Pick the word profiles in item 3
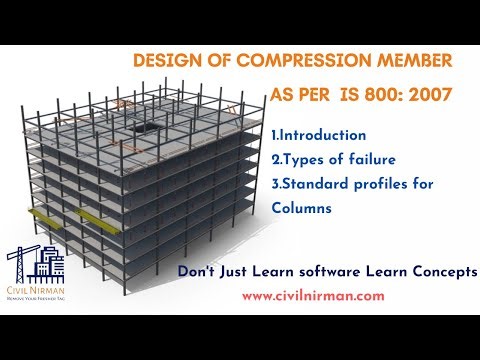[x=393, y=183]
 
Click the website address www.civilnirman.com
[x=313, y=296]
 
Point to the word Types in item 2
[x=304, y=159]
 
